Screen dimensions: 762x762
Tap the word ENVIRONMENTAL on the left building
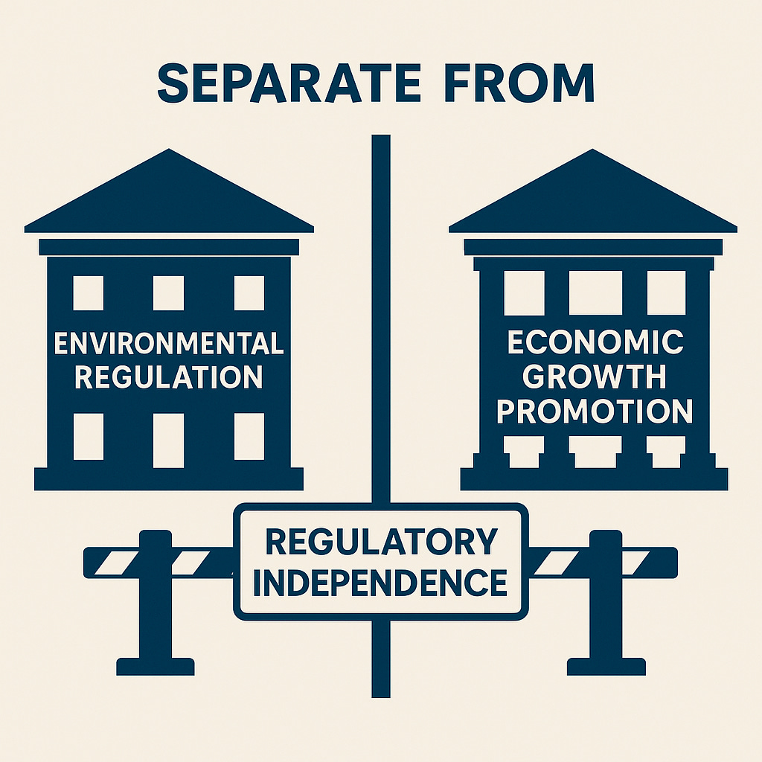point(169,345)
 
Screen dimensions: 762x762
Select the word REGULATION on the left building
point(169,377)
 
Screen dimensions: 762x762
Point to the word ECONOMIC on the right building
point(595,343)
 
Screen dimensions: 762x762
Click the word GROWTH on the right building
point(595,377)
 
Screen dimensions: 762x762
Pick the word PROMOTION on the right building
point(595,411)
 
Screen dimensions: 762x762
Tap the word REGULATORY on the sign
point(381,542)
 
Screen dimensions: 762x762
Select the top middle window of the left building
point(168,293)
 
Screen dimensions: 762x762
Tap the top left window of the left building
point(88,293)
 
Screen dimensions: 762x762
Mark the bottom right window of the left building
point(249,436)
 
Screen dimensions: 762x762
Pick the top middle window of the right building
point(595,292)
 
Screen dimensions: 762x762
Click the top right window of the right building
point(666,292)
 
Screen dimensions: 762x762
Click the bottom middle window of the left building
point(168,440)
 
